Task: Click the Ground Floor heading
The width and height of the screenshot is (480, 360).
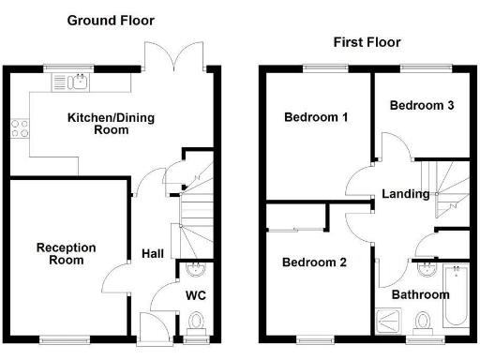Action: (x=111, y=20)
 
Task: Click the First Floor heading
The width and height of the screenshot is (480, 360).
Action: (x=367, y=42)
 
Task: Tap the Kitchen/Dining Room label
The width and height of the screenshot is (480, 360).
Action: (x=111, y=124)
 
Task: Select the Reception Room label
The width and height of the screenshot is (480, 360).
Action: (x=66, y=253)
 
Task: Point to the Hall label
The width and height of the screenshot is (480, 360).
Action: (x=153, y=254)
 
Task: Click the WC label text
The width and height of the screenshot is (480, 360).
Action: (x=196, y=295)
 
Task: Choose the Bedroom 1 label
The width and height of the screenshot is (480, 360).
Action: (x=317, y=118)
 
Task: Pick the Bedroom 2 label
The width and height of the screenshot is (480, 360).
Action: (x=315, y=263)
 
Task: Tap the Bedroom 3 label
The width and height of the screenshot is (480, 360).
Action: (x=422, y=106)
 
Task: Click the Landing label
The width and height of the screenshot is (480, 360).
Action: (x=406, y=194)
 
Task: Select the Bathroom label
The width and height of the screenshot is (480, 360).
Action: (x=421, y=294)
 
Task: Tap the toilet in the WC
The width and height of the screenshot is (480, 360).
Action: (x=196, y=324)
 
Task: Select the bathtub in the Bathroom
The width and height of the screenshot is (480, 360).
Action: (x=457, y=295)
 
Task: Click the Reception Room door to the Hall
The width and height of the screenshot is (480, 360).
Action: (x=115, y=274)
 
